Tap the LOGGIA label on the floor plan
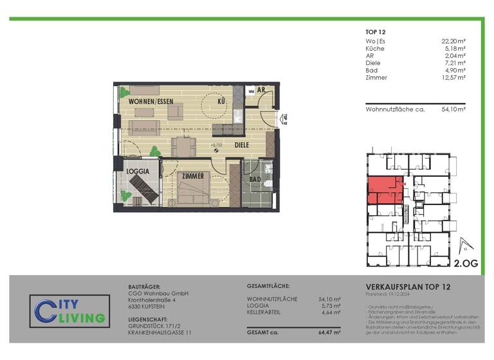click(138, 172)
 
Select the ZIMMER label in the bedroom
click(192, 175)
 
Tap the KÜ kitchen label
click(221, 102)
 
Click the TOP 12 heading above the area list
click(376, 30)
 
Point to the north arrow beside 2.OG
click(463, 246)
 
